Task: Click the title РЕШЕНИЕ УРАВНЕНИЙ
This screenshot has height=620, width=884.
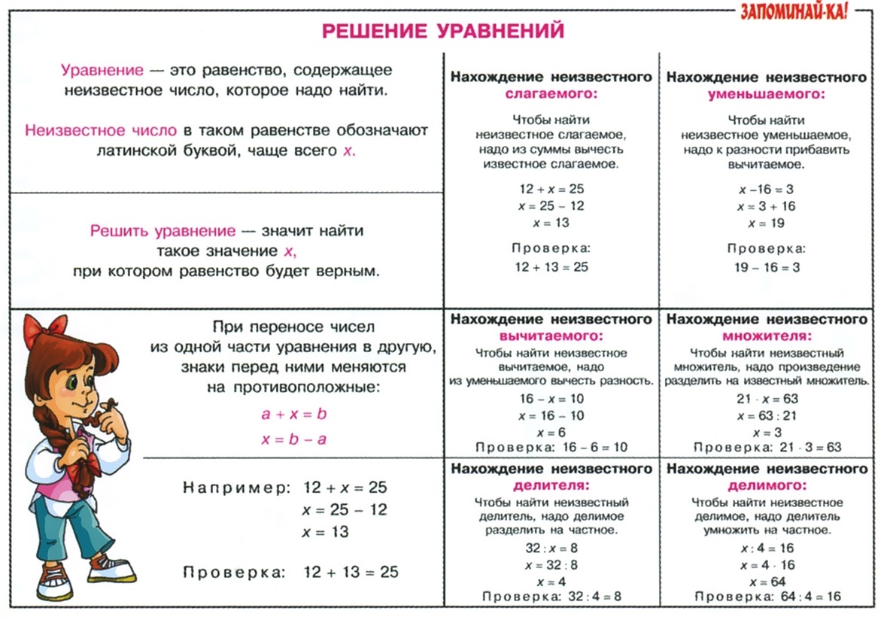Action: click(x=443, y=31)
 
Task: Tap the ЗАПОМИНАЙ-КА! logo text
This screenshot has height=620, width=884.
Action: click(x=800, y=12)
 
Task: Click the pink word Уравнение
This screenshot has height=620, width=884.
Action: click(x=102, y=71)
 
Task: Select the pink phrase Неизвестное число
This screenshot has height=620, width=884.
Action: click(x=102, y=130)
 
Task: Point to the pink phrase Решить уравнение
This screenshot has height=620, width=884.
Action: click(x=163, y=231)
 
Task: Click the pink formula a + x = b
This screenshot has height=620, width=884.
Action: click(x=293, y=414)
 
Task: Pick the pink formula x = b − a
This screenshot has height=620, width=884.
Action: click(x=293, y=439)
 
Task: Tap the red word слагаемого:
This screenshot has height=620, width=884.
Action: click(x=551, y=95)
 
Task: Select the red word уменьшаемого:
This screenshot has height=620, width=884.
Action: click(x=767, y=95)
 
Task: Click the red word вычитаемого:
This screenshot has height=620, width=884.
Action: click(x=551, y=336)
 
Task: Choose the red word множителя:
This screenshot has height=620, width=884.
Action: click(x=767, y=336)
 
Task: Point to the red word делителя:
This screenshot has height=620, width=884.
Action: click(x=551, y=485)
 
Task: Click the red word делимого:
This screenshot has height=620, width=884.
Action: click(x=767, y=485)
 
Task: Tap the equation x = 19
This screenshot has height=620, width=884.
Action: click(x=767, y=223)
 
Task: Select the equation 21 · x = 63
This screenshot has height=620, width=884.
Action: click(x=767, y=399)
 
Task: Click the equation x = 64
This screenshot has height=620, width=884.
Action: click(x=767, y=582)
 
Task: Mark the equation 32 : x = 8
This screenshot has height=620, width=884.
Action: click(x=551, y=549)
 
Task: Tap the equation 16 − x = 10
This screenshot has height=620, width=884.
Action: click(x=551, y=399)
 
